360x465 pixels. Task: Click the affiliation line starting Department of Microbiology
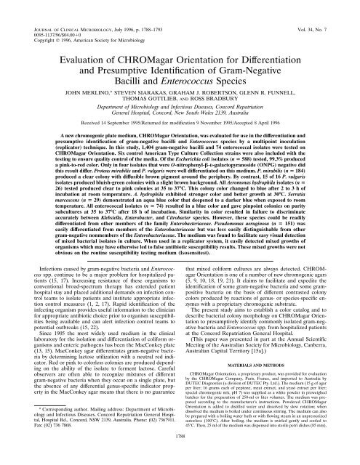click(x=180, y=102)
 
